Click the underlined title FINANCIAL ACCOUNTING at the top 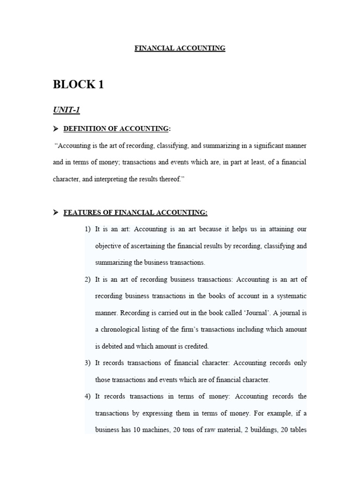[x=180, y=48]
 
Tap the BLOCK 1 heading [x=78, y=85]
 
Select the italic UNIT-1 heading [x=66, y=110]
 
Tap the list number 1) [x=88, y=229]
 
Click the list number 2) [x=88, y=280]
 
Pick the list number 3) [x=88, y=363]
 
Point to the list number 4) [x=88, y=397]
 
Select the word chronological [x=123, y=330]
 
